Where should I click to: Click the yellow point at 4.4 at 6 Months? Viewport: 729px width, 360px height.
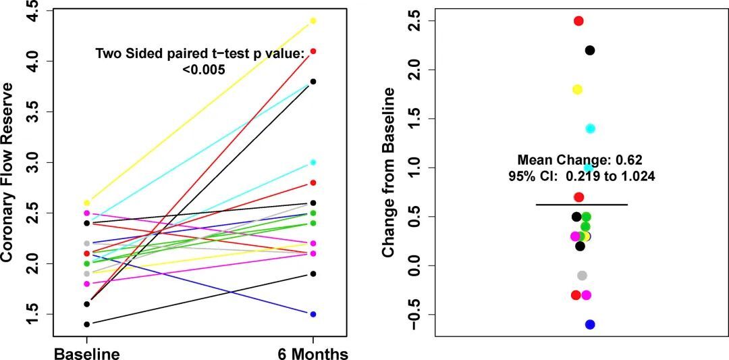(x=313, y=21)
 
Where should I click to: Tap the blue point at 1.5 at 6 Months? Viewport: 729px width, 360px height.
(x=313, y=314)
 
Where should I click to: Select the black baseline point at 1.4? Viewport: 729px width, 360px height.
(x=86, y=324)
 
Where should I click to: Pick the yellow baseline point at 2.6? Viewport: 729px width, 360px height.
(x=86, y=203)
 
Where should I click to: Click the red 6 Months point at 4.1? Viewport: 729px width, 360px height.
(x=313, y=51)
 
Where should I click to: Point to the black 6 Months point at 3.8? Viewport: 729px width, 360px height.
(x=313, y=82)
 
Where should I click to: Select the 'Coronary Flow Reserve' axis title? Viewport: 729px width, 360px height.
(x=8, y=172)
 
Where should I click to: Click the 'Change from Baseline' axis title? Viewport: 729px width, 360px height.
(x=389, y=172)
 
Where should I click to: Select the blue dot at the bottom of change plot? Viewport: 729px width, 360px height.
(x=590, y=325)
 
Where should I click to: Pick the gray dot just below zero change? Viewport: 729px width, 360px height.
(x=583, y=276)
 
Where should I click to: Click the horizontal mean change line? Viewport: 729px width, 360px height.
(x=581, y=204)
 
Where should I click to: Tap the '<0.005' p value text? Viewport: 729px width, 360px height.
(x=204, y=69)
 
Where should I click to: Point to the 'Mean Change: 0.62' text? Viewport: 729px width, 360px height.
(x=580, y=160)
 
